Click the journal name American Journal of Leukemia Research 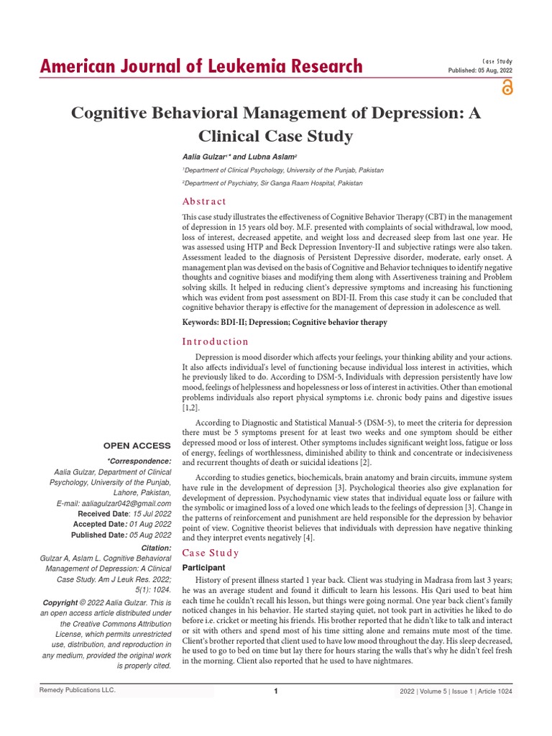pyautogui.click(x=201, y=67)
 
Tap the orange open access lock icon pyautogui.click(x=507, y=88)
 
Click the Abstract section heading pyautogui.click(x=204, y=201)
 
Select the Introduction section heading pyautogui.click(x=215, y=341)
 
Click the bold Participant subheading pyautogui.click(x=204, y=568)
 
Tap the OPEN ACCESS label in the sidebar pyautogui.click(x=137, y=446)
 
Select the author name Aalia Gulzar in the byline pyautogui.click(x=205, y=157)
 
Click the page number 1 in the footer pyautogui.click(x=276, y=691)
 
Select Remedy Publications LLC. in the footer pyautogui.click(x=77, y=691)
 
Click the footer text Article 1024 pyautogui.click(x=497, y=691)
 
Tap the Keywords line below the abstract pyautogui.click(x=285, y=322)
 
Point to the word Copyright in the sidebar pyautogui.click(x=61, y=602)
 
